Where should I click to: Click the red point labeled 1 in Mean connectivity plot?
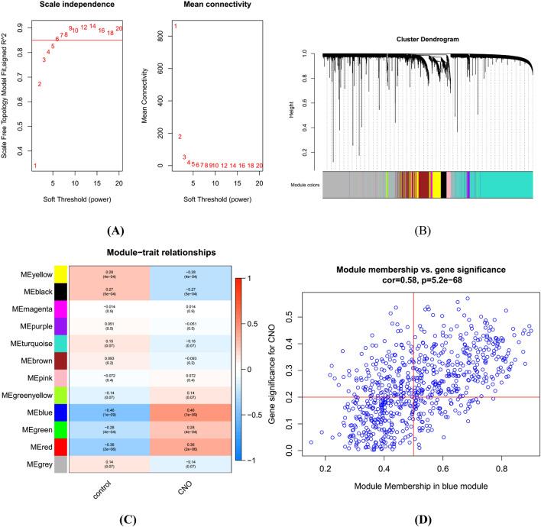(175, 27)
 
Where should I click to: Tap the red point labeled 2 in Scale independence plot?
(40, 84)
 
